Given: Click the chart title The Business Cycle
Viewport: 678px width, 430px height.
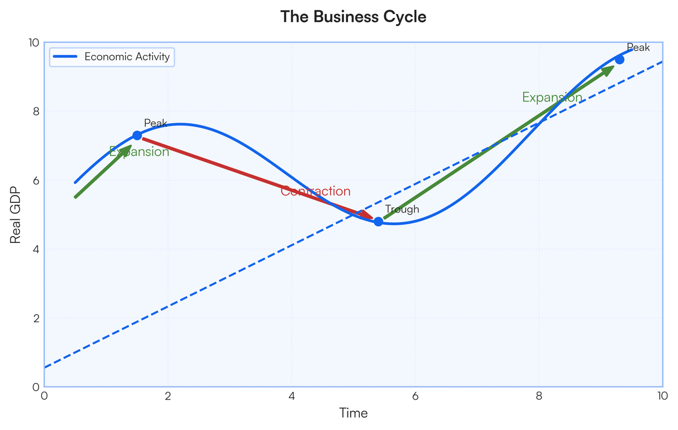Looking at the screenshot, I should pyautogui.click(x=353, y=17).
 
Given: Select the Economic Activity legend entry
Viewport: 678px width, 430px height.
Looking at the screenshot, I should pyautogui.click(x=127, y=57).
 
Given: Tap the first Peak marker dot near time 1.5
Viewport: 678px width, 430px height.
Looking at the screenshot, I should pyautogui.click(x=137, y=135).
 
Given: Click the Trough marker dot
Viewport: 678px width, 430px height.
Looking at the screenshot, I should pyautogui.click(x=378, y=221).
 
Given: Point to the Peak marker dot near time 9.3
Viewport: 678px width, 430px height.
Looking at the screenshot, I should pyautogui.click(x=619, y=59).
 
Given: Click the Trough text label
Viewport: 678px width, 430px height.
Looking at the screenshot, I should pyautogui.click(x=402, y=210).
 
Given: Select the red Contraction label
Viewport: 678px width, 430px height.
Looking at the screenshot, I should pyautogui.click(x=315, y=192).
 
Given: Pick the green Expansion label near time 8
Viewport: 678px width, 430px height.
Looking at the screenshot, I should pyautogui.click(x=552, y=98).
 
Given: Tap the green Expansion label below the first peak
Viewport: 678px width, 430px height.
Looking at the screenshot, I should pyautogui.click(x=139, y=152).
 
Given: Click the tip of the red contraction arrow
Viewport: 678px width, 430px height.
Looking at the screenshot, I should pyautogui.click(x=372, y=219).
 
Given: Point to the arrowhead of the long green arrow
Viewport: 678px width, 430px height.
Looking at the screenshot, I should pyautogui.click(x=612, y=68).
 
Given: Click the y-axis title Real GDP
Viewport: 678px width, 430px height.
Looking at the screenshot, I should pyautogui.click(x=16, y=215).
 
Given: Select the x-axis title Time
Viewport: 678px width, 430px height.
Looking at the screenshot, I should pyautogui.click(x=353, y=414).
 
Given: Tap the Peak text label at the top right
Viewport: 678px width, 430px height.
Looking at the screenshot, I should pyautogui.click(x=638, y=48).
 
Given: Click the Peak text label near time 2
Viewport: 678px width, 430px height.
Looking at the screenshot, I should pyautogui.click(x=155, y=123).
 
